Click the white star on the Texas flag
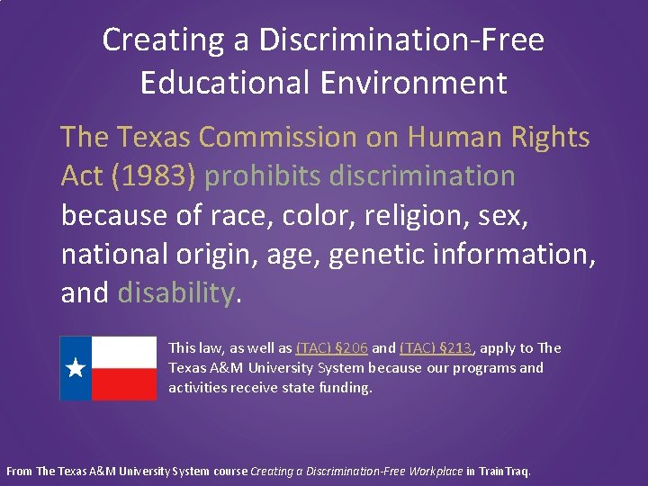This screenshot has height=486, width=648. coord(76,368)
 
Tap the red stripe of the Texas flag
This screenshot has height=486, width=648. coord(123,384)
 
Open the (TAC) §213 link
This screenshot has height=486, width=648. coord(436,348)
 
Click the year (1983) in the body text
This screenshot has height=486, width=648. coord(151,176)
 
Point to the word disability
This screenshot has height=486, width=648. coord(175,293)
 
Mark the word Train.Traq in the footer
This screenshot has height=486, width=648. coord(505,471)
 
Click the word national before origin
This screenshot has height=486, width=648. coord(112,255)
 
